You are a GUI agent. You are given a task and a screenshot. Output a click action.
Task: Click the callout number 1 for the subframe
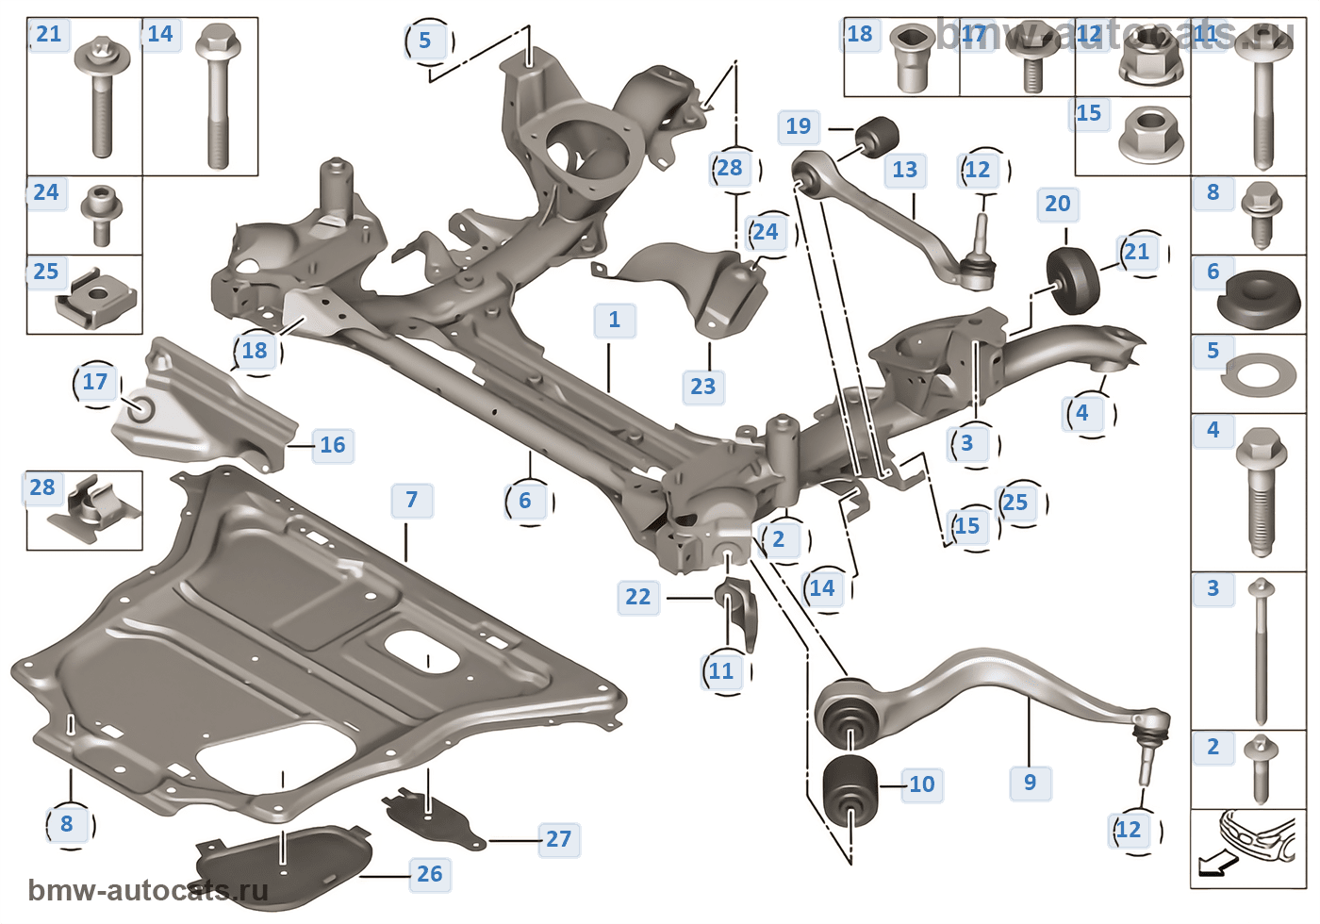[x=615, y=321]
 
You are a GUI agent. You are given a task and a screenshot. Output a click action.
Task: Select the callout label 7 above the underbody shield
[x=412, y=500]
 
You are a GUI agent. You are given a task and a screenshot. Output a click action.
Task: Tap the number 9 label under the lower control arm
[x=1030, y=783]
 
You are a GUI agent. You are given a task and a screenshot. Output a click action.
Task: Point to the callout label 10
[x=921, y=784]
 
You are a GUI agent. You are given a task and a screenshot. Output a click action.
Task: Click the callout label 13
[x=904, y=170]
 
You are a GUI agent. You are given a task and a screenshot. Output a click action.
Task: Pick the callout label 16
[x=332, y=445]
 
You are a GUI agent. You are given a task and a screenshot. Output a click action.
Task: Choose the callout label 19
[x=798, y=126]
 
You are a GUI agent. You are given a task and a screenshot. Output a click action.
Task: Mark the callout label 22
[x=637, y=597]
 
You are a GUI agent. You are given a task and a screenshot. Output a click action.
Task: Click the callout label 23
[x=702, y=387]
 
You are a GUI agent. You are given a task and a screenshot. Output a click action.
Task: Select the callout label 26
[x=429, y=874]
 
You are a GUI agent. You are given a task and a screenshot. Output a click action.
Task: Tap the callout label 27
[x=558, y=839]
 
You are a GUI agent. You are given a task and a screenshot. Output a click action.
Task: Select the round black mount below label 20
[x=1074, y=280]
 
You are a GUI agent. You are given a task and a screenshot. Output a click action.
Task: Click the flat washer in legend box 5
[x=1259, y=374]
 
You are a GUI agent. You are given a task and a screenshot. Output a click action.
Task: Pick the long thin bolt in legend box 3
[x=1261, y=651]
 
